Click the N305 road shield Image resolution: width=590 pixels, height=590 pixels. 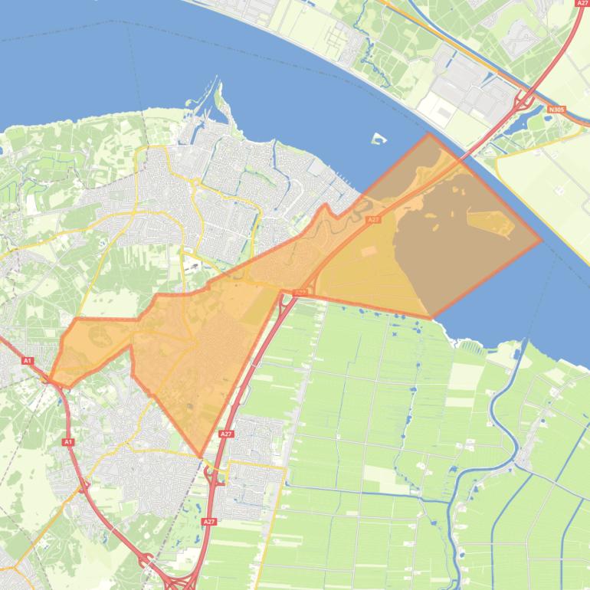557,110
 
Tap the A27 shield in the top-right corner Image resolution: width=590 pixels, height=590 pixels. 582,3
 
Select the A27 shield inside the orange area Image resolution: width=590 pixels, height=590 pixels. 373,220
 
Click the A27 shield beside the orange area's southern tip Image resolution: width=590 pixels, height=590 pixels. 226,434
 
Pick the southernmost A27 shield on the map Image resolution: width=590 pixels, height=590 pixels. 209,522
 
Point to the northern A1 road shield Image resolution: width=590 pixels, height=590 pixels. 28,360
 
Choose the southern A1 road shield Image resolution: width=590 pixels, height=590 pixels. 68,442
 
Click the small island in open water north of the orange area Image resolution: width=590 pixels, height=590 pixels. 377,139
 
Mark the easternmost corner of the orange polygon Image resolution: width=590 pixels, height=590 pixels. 541,239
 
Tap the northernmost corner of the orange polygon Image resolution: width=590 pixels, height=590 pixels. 428,134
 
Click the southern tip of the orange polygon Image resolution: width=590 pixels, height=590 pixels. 202,457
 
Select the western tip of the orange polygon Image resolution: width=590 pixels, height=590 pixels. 51,379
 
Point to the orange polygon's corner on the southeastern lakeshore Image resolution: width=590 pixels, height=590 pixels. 431,317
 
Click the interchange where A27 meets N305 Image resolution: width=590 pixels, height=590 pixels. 523,100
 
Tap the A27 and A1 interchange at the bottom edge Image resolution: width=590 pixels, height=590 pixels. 178,580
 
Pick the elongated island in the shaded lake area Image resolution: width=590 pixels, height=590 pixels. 490,223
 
